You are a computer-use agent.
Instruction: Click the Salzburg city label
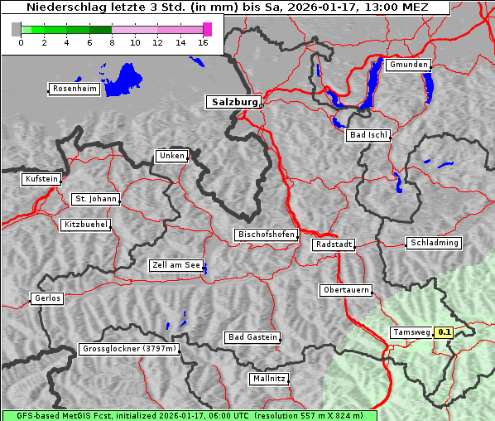(x=233, y=102)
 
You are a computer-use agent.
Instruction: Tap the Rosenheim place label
(x=74, y=89)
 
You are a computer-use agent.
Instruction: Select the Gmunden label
(x=408, y=65)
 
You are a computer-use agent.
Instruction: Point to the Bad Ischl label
(x=368, y=135)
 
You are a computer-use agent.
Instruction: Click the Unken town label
(x=171, y=156)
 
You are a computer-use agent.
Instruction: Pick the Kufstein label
(x=41, y=179)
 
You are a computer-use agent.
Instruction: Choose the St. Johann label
(x=95, y=199)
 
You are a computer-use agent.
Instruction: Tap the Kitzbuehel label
(x=85, y=225)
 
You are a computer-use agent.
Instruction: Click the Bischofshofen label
(x=266, y=235)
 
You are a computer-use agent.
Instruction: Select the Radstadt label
(x=333, y=244)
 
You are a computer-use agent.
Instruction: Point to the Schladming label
(x=433, y=243)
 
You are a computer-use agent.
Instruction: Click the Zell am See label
(x=175, y=265)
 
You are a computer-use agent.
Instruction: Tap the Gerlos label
(x=47, y=298)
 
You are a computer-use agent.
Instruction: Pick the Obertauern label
(x=345, y=290)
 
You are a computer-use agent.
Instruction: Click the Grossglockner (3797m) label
(x=129, y=349)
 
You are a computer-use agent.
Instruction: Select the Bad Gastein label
(x=252, y=337)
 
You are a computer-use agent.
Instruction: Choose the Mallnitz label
(x=268, y=379)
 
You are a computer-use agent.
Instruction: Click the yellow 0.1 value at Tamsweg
(x=445, y=332)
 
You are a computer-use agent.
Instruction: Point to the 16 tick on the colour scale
(x=204, y=43)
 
